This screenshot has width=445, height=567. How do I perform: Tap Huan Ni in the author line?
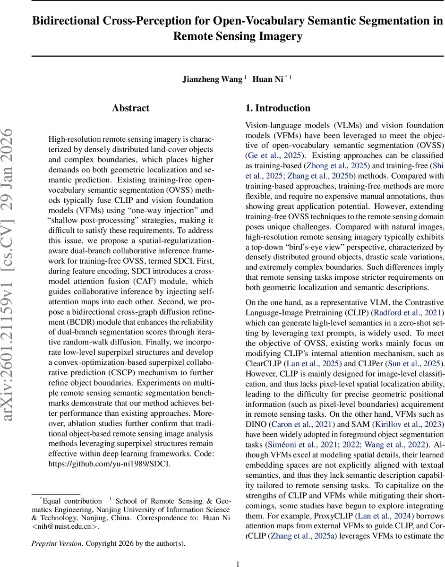click(x=267, y=79)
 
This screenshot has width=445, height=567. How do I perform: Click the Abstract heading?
click(x=131, y=108)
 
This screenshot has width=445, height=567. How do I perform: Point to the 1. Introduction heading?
click(x=278, y=108)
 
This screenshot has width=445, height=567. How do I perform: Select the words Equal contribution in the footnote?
click(x=72, y=500)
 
